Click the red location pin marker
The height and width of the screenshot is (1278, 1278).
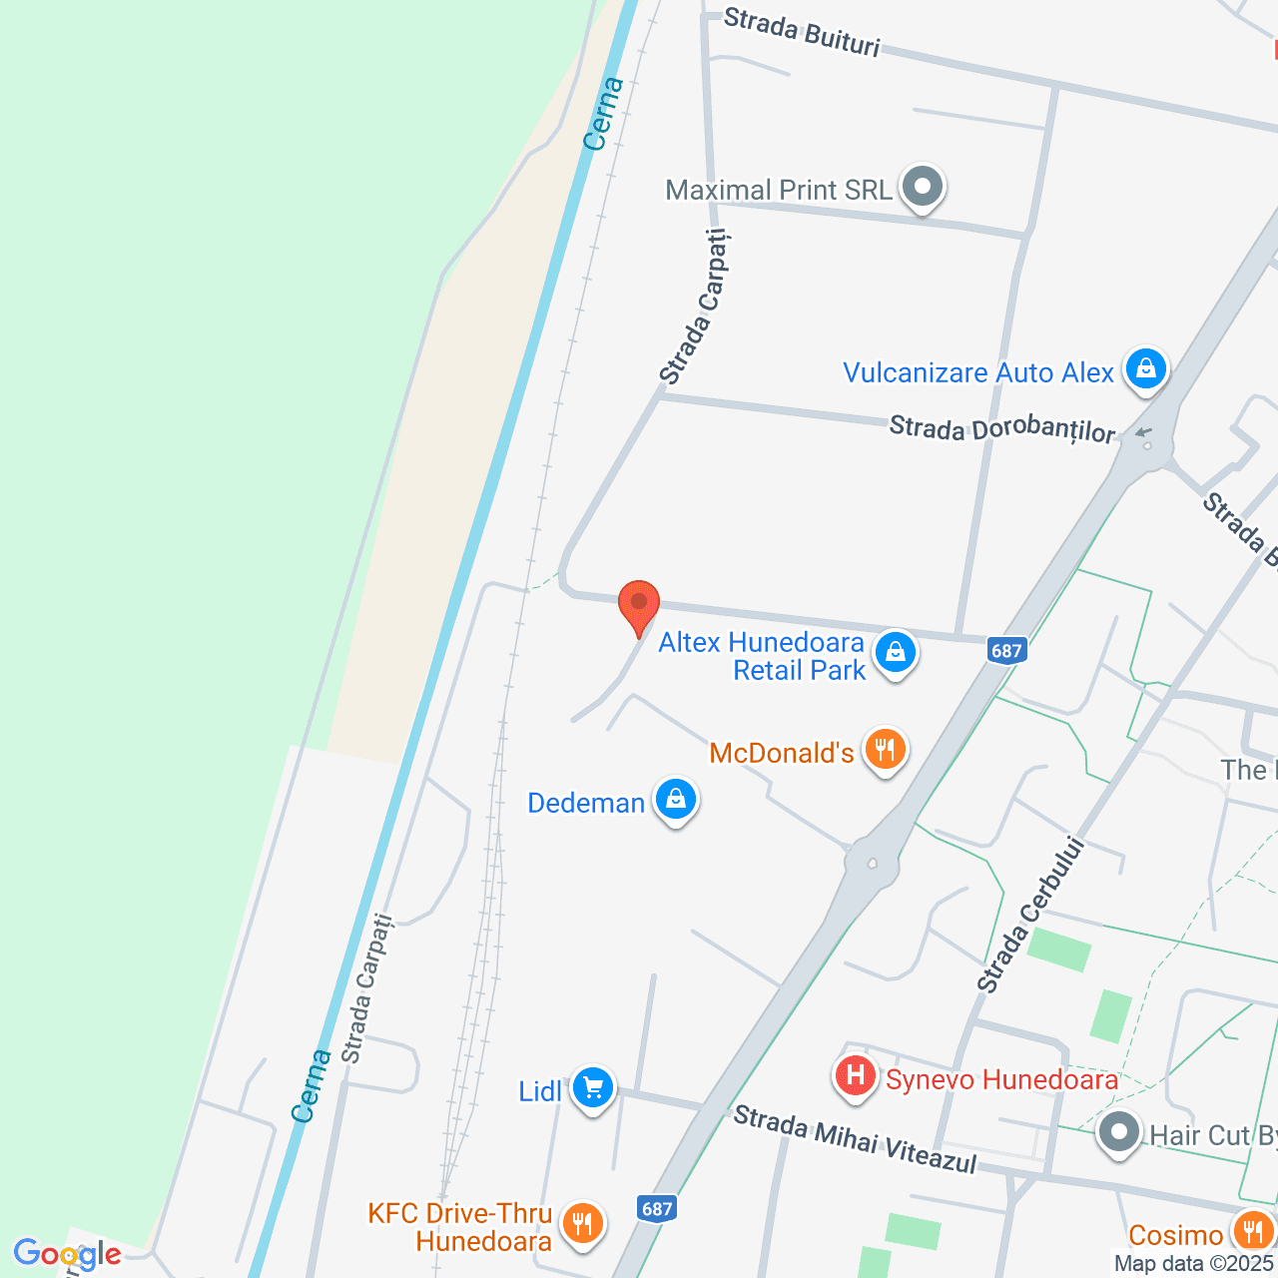(639, 604)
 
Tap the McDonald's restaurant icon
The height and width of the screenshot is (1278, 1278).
(885, 749)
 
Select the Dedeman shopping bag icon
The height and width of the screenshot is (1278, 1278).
(676, 800)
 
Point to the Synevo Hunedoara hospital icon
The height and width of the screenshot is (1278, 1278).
(855, 1076)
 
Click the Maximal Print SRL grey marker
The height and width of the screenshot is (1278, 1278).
(922, 187)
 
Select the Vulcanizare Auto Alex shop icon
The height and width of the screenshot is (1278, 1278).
(1145, 369)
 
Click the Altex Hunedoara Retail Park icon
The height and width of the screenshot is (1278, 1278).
(895, 653)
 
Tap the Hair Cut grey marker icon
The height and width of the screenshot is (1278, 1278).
(1118, 1133)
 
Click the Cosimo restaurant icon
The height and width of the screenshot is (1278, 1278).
(1252, 1231)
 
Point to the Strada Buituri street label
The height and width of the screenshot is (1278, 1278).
(802, 32)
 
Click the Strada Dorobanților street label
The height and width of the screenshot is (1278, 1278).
(1001, 429)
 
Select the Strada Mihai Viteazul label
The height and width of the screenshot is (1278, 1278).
(855, 1139)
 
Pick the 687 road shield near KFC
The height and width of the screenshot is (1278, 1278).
(657, 1209)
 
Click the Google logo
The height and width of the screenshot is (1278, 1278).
(68, 1254)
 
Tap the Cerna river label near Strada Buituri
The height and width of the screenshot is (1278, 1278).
(604, 114)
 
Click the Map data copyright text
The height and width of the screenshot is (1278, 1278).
(1194, 1263)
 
